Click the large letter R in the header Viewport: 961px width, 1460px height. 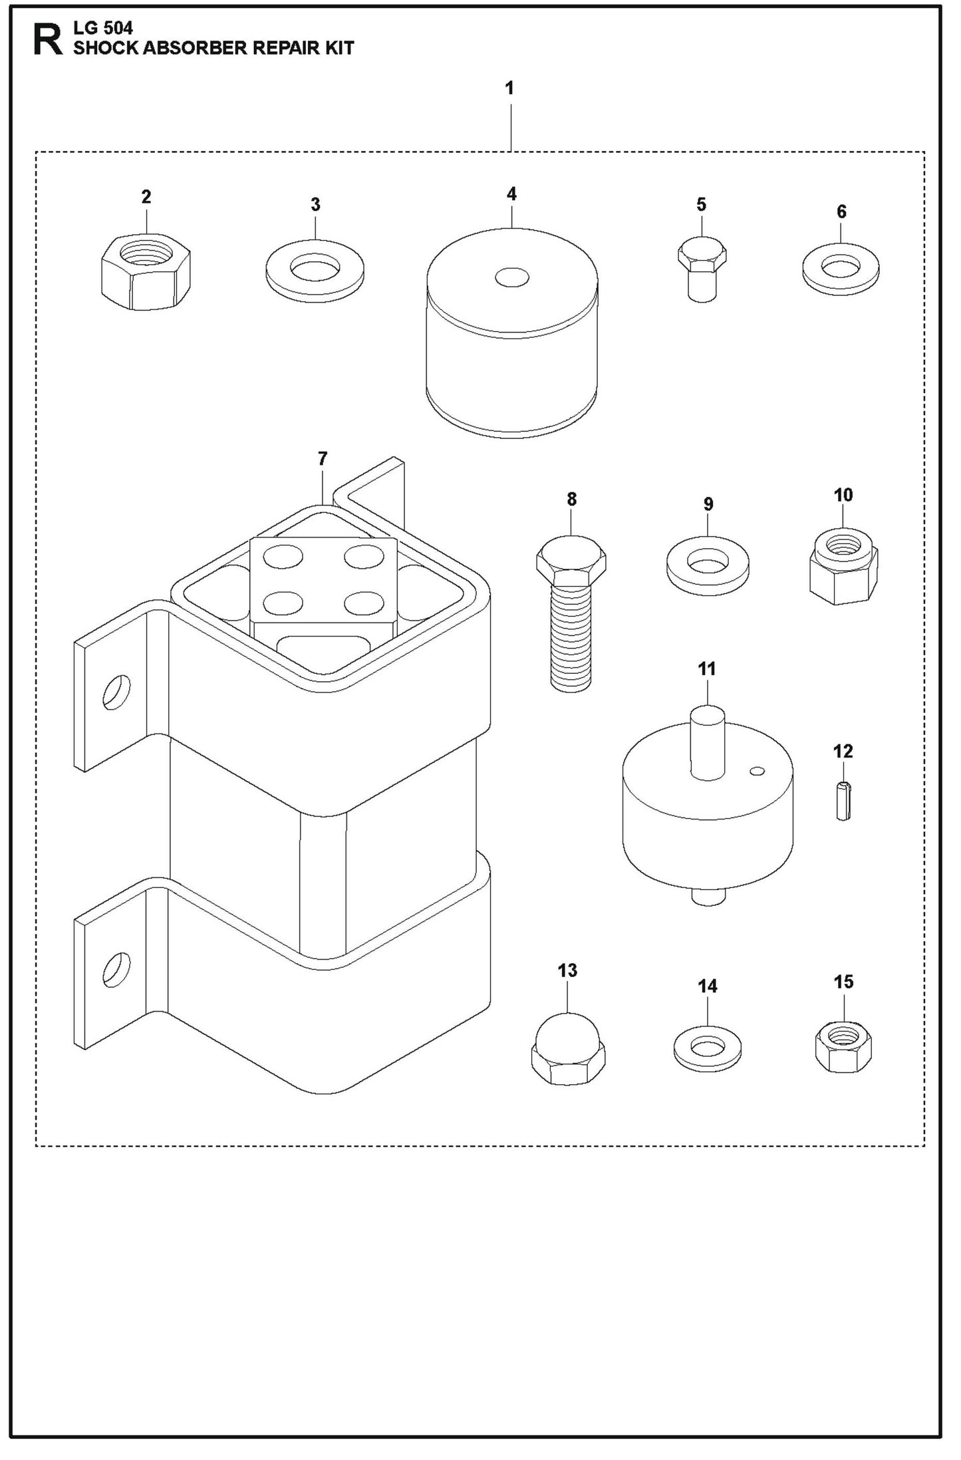pyautogui.click(x=48, y=40)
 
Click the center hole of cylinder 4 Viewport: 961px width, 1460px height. pyautogui.click(x=511, y=277)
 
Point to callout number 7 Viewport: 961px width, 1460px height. pyautogui.click(x=323, y=459)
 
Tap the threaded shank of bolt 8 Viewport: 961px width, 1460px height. pyautogui.click(x=571, y=639)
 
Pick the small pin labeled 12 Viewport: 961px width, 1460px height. pyautogui.click(x=843, y=802)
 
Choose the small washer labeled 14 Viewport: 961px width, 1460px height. pyautogui.click(x=708, y=1049)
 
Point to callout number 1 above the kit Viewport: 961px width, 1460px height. pyautogui.click(x=509, y=88)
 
